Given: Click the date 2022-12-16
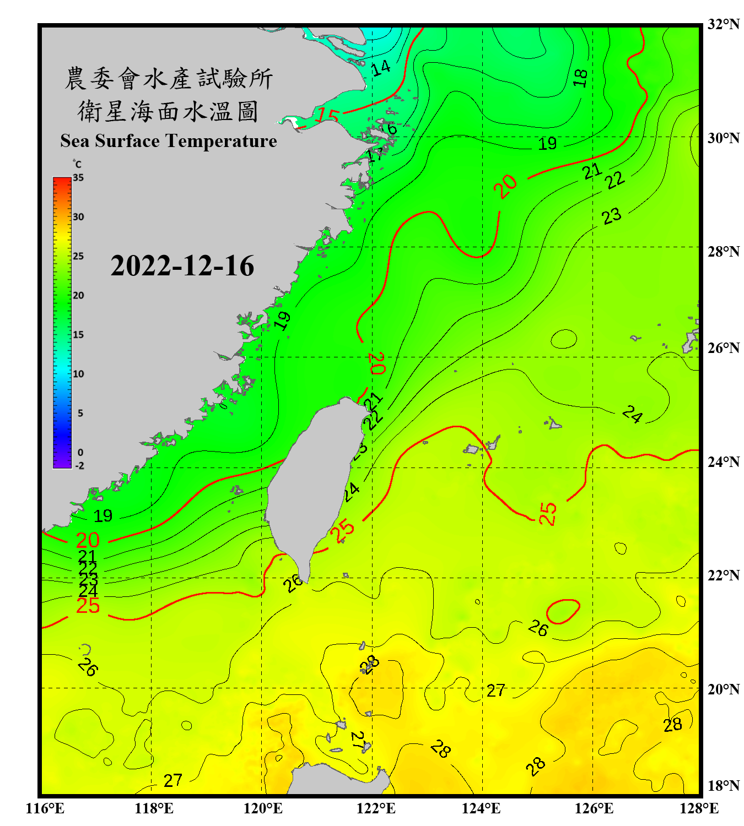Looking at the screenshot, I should click(x=182, y=266).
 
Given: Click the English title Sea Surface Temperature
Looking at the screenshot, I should click(x=169, y=141).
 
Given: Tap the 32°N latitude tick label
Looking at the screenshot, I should click(x=723, y=24).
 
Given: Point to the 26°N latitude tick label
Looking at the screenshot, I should click(x=723, y=348).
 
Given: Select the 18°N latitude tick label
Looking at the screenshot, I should click(x=723, y=786).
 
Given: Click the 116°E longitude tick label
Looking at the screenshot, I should click(x=45, y=808).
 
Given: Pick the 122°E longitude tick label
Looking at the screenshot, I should click(x=376, y=808).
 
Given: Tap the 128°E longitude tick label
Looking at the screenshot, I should click(x=699, y=808).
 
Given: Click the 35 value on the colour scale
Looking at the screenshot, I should click(x=78, y=178).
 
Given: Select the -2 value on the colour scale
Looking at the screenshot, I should click(x=79, y=465).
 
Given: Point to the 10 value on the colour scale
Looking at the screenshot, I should click(x=78, y=374).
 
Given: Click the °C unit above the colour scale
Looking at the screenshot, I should click(x=77, y=164).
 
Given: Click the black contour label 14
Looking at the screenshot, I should click(x=380, y=68).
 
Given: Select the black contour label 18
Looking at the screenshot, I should click(x=580, y=78).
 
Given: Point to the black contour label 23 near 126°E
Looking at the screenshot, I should click(x=612, y=216).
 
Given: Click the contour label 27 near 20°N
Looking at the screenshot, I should click(x=495, y=690).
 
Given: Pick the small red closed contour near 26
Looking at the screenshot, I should click(x=563, y=611).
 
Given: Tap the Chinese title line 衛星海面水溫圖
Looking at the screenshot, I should click(x=169, y=111).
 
